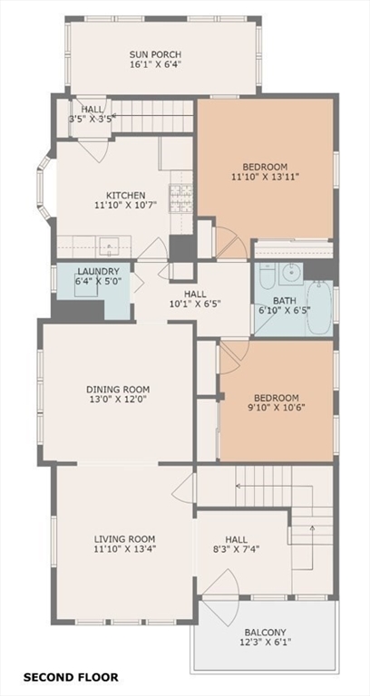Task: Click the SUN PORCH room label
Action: point(155,54)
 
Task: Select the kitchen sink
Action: point(109,246)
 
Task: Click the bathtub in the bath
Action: point(319,306)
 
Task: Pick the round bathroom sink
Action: point(292,273)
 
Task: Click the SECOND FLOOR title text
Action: point(71,677)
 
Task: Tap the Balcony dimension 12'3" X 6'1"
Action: point(265,642)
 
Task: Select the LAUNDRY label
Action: point(98,271)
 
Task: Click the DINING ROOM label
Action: point(118,390)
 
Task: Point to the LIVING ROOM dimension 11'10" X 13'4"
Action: point(124,549)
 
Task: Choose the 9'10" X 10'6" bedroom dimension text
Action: point(277,407)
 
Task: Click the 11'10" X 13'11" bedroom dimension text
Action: point(265,176)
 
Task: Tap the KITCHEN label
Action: point(125,196)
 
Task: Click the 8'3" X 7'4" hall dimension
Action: point(237,549)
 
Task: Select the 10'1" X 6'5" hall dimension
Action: point(195,304)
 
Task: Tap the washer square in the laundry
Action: point(86,285)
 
